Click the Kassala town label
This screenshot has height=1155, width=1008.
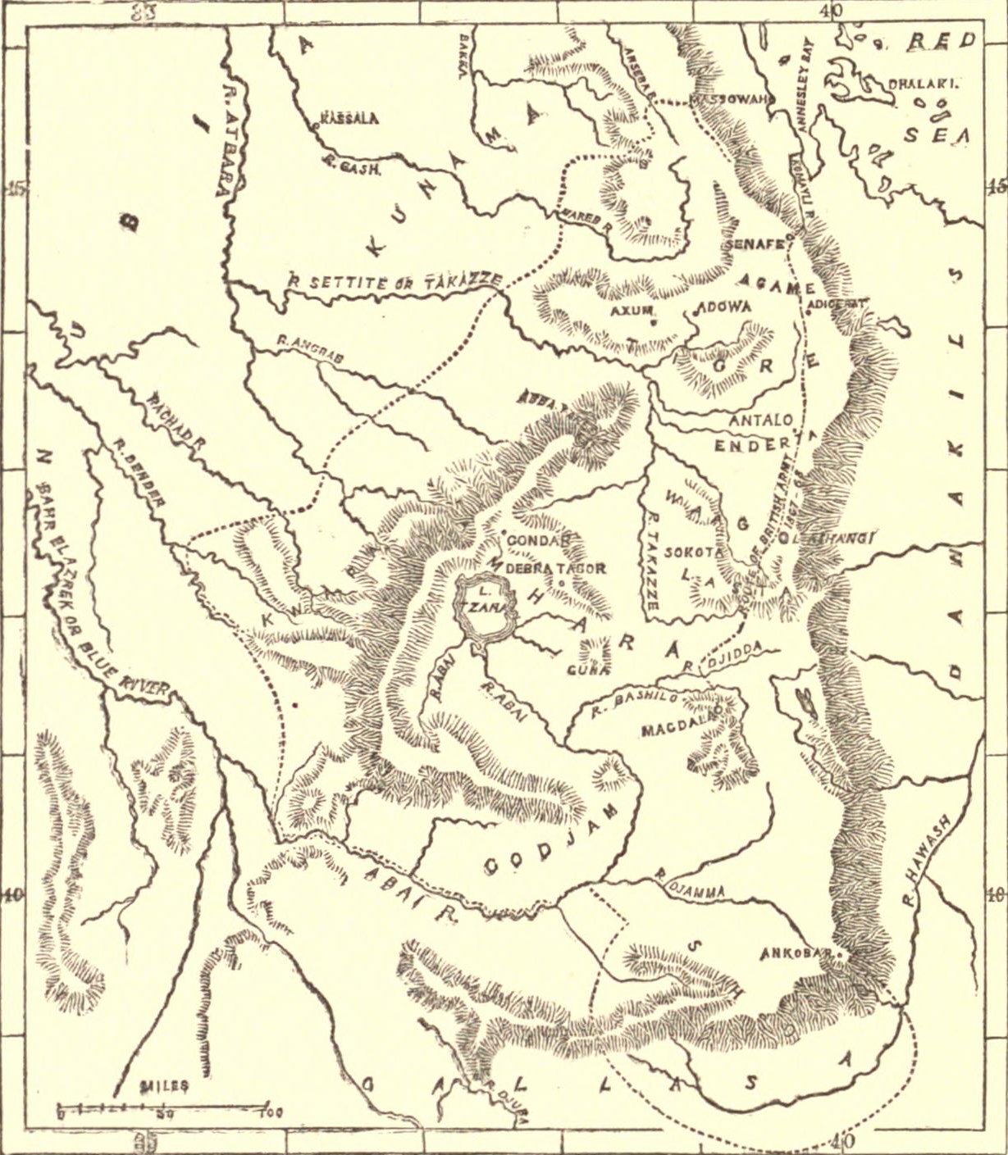[350, 119]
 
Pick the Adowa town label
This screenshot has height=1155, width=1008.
[723, 308]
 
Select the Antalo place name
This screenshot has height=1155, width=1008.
[762, 421]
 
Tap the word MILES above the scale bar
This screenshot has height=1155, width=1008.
[164, 1086]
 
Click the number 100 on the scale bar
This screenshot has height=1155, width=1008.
[270, 1113]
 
